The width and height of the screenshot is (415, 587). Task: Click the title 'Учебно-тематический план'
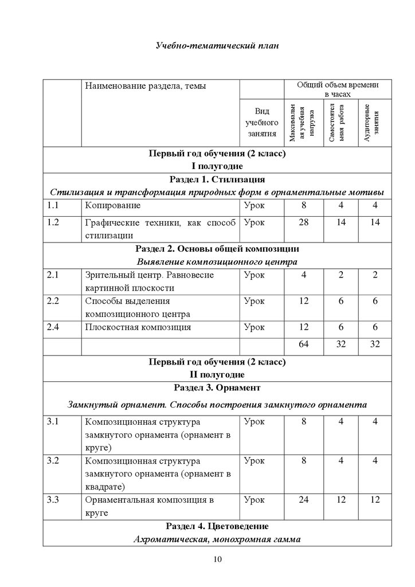pyautogui.click(x=217, y=45)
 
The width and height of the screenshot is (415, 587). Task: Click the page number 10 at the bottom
pyautogui.click(x=217, y=560)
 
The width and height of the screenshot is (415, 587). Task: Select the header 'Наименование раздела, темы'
pyautogui.click(x=145, y=86)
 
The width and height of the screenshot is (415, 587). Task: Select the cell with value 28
pyautogui.click(x=304, y=223)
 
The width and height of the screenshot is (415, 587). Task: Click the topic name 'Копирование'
pyautogui.click(x=113, y=205)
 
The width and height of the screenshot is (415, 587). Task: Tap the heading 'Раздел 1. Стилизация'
pyautogui.click(x=217, y=179)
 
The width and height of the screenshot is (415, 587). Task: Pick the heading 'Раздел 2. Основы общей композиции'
pyautogui.click(x=217, y=249)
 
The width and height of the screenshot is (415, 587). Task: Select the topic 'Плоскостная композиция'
pyautogui.click(x=138, y=327)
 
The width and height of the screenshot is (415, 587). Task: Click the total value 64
pyautogui.click(x=304, y=345)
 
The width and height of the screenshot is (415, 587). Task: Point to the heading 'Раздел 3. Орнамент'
pyautogui.click(x=217, y=388)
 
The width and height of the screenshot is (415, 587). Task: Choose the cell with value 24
pyautogui.click(x=304, y=500)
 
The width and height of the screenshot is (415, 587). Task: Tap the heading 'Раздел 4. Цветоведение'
pyautogui.click(x=217, y=526)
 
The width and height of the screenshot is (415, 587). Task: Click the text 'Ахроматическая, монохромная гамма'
pyautogui.click(x=217, y=539)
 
